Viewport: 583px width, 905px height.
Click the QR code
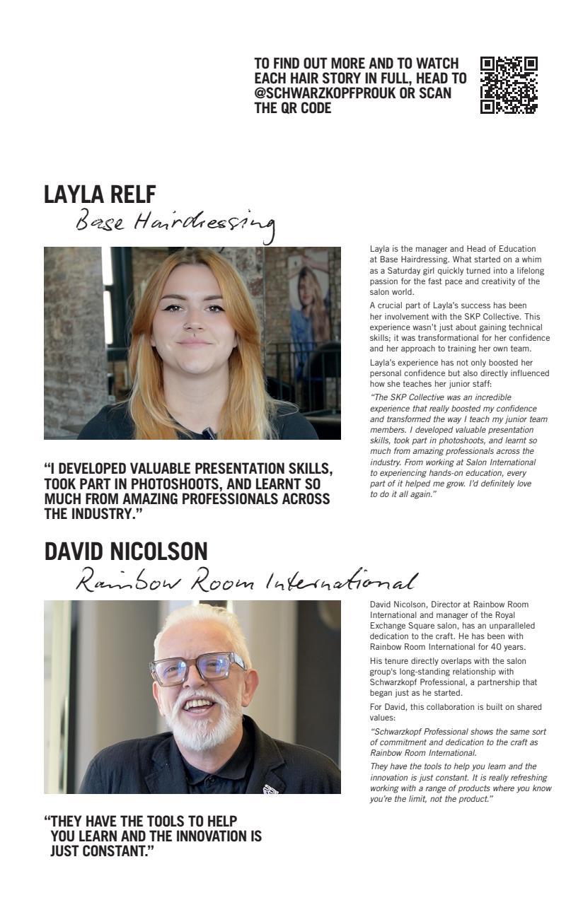coord(509,86)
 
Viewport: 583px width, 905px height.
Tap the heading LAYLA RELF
coord(100,194)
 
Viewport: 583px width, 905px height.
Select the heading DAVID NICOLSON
coord(126,551)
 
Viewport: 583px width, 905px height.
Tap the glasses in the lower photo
coord(197,667)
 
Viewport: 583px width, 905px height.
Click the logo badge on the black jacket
coord(270,786)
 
